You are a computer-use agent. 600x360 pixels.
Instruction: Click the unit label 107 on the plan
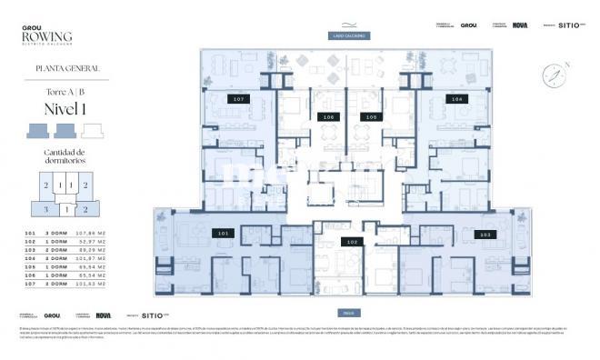pyautogui.click(x=238, y=98)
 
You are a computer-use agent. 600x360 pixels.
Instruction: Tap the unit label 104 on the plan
pyautogui.click(x=456, y=98)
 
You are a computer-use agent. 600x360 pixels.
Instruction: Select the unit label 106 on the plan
pyautogui.click(x=328, y=117)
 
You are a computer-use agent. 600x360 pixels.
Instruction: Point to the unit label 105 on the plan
pyautogui.click(x=370, y=117)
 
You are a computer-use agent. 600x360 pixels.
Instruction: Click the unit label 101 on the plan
pyautogui.click(x=224, y=233)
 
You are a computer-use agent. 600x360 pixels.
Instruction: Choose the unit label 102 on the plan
pyautogui.click(x=350, y=242)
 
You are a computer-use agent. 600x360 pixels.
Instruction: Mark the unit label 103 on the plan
pyautogui.click(x=485, y=235)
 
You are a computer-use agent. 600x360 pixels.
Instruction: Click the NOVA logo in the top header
pyautogui.click(x=520, y=25)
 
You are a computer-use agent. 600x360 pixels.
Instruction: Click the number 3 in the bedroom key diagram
pyautogui.click(x=45, y=209)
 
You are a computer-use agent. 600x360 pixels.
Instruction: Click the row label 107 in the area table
pyautogui.click(x=27, y=284)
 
